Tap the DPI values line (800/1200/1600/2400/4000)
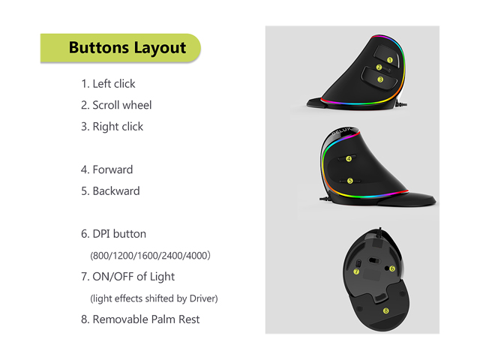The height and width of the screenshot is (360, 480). point(150,255)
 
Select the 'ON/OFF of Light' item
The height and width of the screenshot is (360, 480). point(133,277)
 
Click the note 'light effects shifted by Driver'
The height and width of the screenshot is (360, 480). point(153,298)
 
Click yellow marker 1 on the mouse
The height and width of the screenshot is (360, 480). point(389,59)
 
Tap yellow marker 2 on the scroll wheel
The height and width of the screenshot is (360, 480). point(379,67)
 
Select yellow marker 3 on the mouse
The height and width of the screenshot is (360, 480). point(380,79)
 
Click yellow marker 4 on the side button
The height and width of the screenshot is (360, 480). point(349,158)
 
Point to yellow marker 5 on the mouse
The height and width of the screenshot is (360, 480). point(349,180)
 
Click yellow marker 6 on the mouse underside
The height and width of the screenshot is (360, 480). point(392,268)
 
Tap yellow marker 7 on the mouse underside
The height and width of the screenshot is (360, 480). point(356,271)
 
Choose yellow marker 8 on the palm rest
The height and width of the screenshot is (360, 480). point(385,310)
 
